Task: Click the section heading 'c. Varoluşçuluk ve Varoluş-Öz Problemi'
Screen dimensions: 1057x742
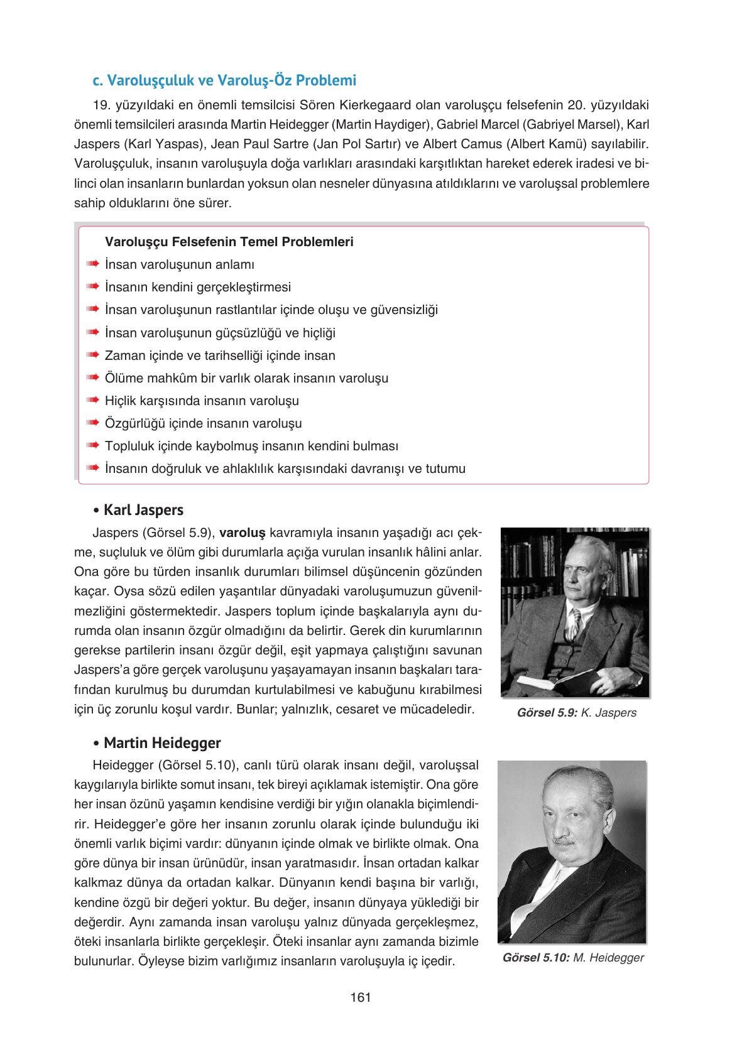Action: tap(224, 81)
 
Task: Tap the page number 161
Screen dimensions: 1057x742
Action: tap(361, 997)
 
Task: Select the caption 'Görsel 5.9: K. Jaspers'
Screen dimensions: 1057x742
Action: tap(576, 713)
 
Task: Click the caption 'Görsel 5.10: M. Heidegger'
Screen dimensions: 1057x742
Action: tap(573, 958)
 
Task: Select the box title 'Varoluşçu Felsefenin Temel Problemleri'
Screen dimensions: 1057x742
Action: tap(229, 242)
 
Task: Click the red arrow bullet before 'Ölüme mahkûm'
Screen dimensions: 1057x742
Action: tap(93, 378)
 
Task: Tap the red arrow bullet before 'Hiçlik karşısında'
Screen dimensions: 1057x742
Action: tap(93, 401)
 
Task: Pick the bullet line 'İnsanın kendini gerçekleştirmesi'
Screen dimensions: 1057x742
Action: tap(198, 287)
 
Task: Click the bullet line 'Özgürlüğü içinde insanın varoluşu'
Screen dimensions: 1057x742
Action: tap(203, 423)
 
